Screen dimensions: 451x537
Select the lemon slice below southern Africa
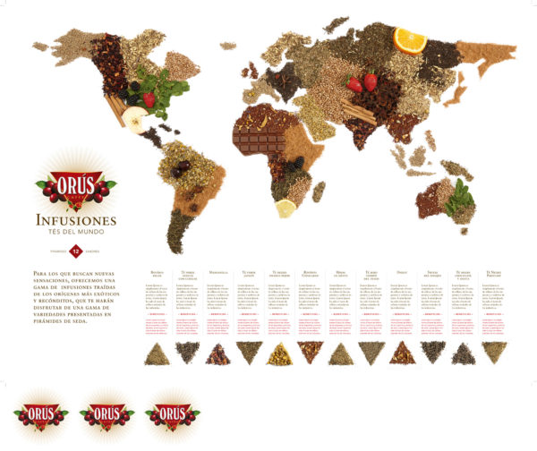coord(286,208)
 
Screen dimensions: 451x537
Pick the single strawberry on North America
coord(149,98)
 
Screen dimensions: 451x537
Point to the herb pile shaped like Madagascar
coord(319,191)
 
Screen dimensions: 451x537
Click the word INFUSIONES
coord(76,219)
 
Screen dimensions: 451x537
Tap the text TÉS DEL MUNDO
coord(76,234)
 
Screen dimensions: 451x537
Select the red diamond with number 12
coord(76,250)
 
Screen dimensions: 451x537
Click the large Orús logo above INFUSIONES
coord(76,186)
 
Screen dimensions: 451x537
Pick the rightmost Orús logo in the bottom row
coord(167,415)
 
